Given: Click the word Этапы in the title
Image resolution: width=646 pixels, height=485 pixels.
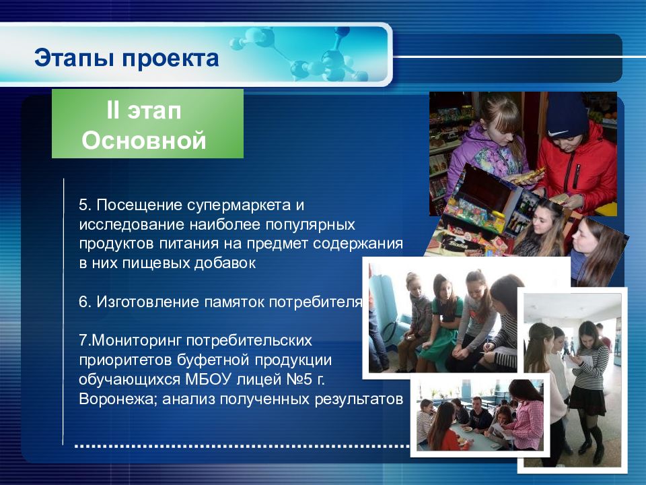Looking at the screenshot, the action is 74,58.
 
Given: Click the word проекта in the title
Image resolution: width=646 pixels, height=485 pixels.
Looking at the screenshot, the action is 170,59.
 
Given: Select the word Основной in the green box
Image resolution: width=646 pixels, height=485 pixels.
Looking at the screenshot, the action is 144,140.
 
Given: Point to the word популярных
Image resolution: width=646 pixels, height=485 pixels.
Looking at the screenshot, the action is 310,225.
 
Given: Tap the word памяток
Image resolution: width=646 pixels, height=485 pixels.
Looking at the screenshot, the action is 234,302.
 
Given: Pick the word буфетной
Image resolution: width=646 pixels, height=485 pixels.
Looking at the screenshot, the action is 213,360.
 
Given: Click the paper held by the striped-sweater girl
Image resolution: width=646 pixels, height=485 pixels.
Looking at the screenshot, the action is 575,360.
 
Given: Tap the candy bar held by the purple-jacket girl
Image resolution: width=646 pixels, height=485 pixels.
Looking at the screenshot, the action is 529,175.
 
